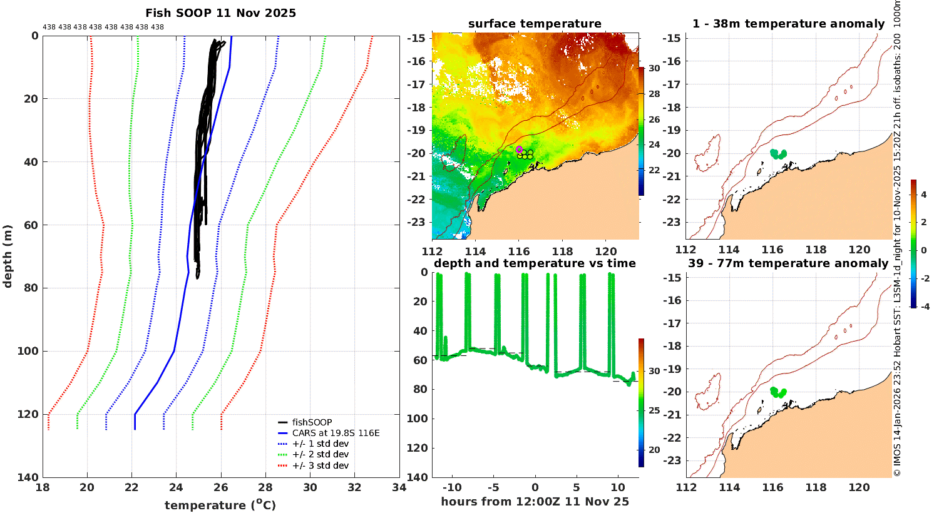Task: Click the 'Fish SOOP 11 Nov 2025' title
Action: (220, 13)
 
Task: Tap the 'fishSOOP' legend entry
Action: (312, 422)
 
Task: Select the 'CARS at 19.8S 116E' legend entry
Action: (336, 433)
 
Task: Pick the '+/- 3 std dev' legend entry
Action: (320, 465)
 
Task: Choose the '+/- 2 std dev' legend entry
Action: (320, 454)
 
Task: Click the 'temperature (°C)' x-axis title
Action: (220, 505)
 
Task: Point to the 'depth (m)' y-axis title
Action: (8, 256)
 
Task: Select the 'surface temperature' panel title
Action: (535, 24)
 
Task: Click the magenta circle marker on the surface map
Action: (519, 149)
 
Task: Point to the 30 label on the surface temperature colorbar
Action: (654, 68)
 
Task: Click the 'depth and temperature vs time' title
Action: (535, 263)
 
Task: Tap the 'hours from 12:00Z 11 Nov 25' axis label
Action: (535, 501)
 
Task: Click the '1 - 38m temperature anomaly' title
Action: (788, 24)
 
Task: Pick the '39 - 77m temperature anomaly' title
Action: (788, 263)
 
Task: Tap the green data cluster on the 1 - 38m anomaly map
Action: (778, 153)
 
